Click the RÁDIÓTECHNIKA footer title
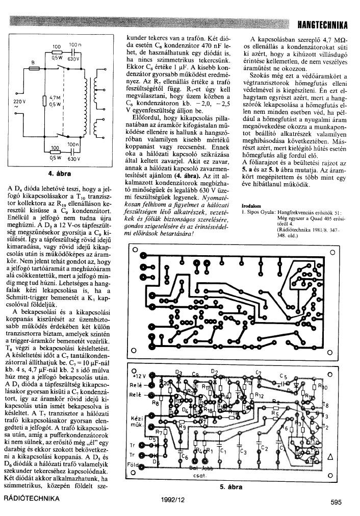coord(35,500)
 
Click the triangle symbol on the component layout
coord(330,457)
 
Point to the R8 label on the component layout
coord(157,403)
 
